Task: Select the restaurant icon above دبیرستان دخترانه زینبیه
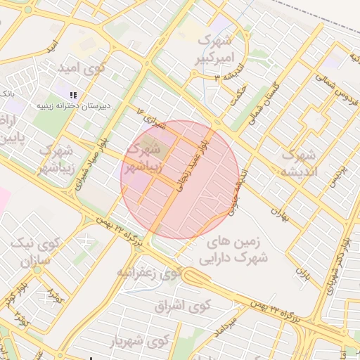pos(72,94)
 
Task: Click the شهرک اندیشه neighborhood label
pos(299,162)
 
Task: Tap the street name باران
pos(303,271)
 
